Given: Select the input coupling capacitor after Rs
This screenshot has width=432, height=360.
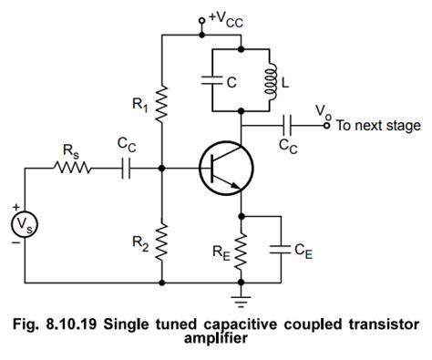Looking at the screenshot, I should (x=128, y=168).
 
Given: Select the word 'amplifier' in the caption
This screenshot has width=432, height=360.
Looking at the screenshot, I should (x=216, y=339).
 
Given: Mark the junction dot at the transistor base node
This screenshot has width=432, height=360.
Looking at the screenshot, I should (x=162, y=168).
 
